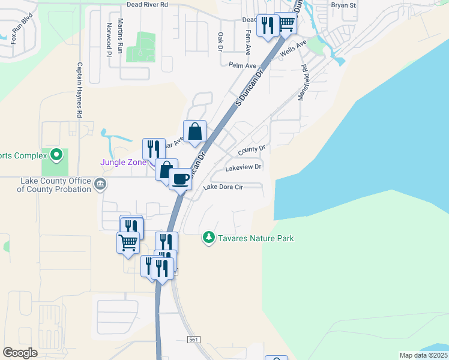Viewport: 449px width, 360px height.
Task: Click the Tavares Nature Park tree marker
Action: (x=208, y=238)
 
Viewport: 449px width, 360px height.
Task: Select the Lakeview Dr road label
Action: (x=243, y=168)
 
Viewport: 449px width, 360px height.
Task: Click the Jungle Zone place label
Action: (x=123, y=162)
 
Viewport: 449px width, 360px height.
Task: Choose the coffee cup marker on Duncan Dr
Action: (x=180, y=179)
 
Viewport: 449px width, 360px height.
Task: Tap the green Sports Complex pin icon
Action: (x=56, y=155)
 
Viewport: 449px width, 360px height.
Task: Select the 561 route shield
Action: (x=193, y=340)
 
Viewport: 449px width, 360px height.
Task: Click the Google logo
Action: (x=20, y=353)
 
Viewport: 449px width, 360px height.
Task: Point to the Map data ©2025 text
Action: (x=423, y=355)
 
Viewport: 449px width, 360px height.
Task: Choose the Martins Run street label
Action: (x=121, y=36)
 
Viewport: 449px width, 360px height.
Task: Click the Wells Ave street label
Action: (x=294, y=48)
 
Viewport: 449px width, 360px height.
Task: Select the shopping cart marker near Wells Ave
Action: (x=286, y=23)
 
